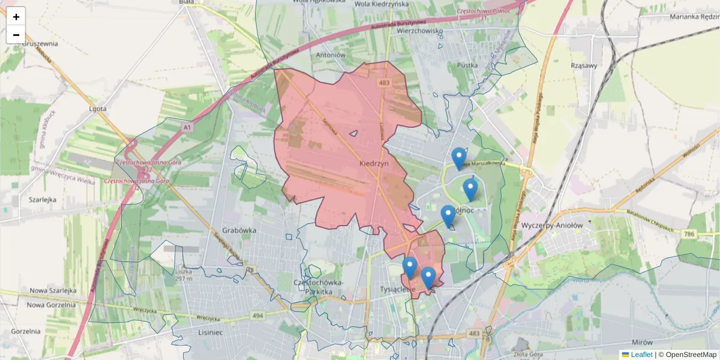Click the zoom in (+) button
16,17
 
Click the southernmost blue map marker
428,278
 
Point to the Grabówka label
239,230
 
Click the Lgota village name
97,109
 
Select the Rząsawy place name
584,66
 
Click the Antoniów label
331,55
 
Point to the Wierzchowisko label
419,31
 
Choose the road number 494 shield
258,316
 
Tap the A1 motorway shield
187,127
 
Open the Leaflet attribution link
641,355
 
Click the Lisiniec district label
210,331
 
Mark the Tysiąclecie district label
398,289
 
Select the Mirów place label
642,342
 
